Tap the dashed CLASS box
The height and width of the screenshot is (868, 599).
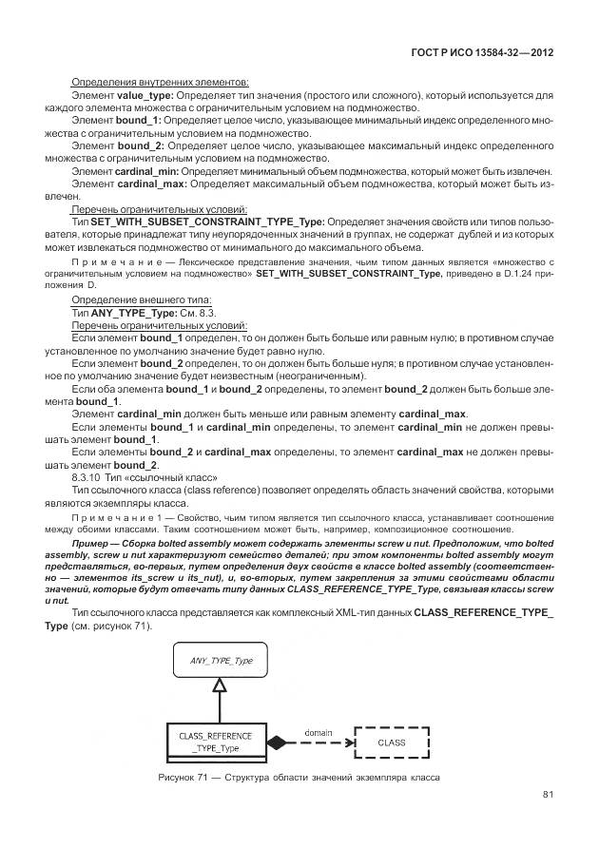click(x=391, y=741)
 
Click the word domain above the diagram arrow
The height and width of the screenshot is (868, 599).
click(x=317, y=731)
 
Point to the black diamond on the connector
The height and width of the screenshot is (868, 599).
click(x=276, y=742)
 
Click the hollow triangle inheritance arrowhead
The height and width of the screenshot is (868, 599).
click(x=219, y=685)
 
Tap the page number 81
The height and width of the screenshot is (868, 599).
click(x=548, y=795)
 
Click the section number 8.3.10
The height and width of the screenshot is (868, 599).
click(x=88, y=477)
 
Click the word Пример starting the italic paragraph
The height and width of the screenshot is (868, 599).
click(x=91, y=540)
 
